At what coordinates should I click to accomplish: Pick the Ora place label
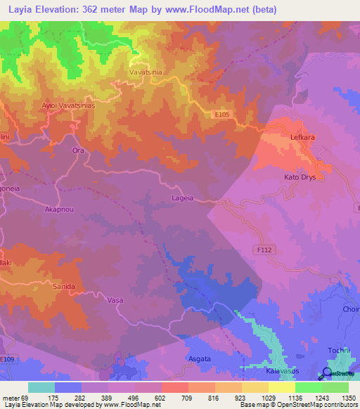[x=78, y=150]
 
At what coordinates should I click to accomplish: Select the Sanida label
[x=65, y=287]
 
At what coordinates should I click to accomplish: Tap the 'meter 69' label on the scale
[x=15, y=397]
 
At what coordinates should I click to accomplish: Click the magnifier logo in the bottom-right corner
[x=327, y=373]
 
